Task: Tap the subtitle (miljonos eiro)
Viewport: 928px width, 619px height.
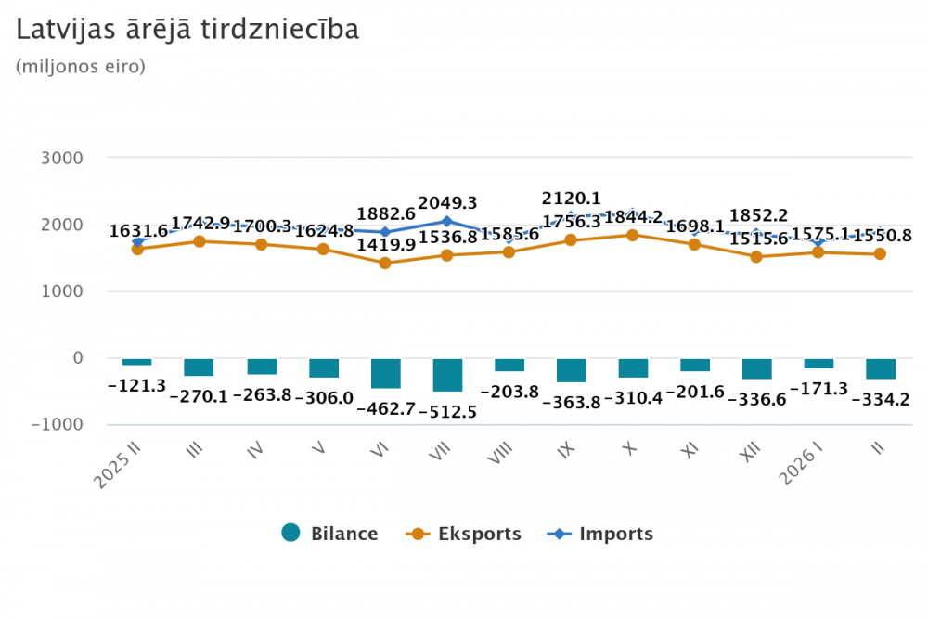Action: tap(81, 67)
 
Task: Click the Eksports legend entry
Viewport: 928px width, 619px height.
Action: tap(464, 534)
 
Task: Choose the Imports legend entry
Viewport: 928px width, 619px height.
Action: tap(601, 534)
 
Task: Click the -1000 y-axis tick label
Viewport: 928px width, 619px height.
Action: tap(58, 424)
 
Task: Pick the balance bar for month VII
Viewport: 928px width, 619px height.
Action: tap(447, 375)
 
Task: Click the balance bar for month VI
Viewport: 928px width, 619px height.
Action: tap(385, 373)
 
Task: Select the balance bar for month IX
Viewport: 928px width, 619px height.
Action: tap(571, 370)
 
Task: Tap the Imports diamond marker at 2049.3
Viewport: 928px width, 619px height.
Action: tap(447, 221)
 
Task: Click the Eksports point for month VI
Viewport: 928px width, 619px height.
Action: tap(385, 263)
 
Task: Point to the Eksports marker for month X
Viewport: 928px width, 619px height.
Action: tap(633, 235)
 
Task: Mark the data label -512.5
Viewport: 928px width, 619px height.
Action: tap(447, 411)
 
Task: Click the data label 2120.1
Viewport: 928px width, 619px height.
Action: tap(572, 198)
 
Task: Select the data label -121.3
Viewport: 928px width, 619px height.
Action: tap(137, 385)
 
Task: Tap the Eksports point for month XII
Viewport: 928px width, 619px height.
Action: tap(756, 256)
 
